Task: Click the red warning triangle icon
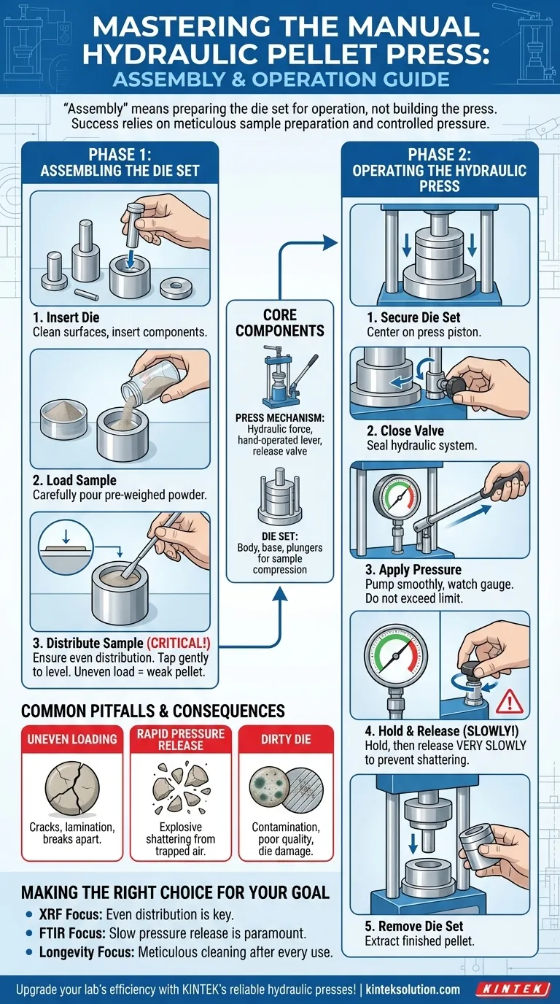[510, 703]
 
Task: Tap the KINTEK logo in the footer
[513, 989]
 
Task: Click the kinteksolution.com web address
[413, 989]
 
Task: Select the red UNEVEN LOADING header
[72, 739]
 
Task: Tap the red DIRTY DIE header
[286, 739]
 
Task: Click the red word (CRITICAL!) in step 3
[179, 644]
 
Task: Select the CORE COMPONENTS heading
[280, 323]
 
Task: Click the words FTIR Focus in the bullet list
[72, 933]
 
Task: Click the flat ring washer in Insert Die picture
[176, 288]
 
